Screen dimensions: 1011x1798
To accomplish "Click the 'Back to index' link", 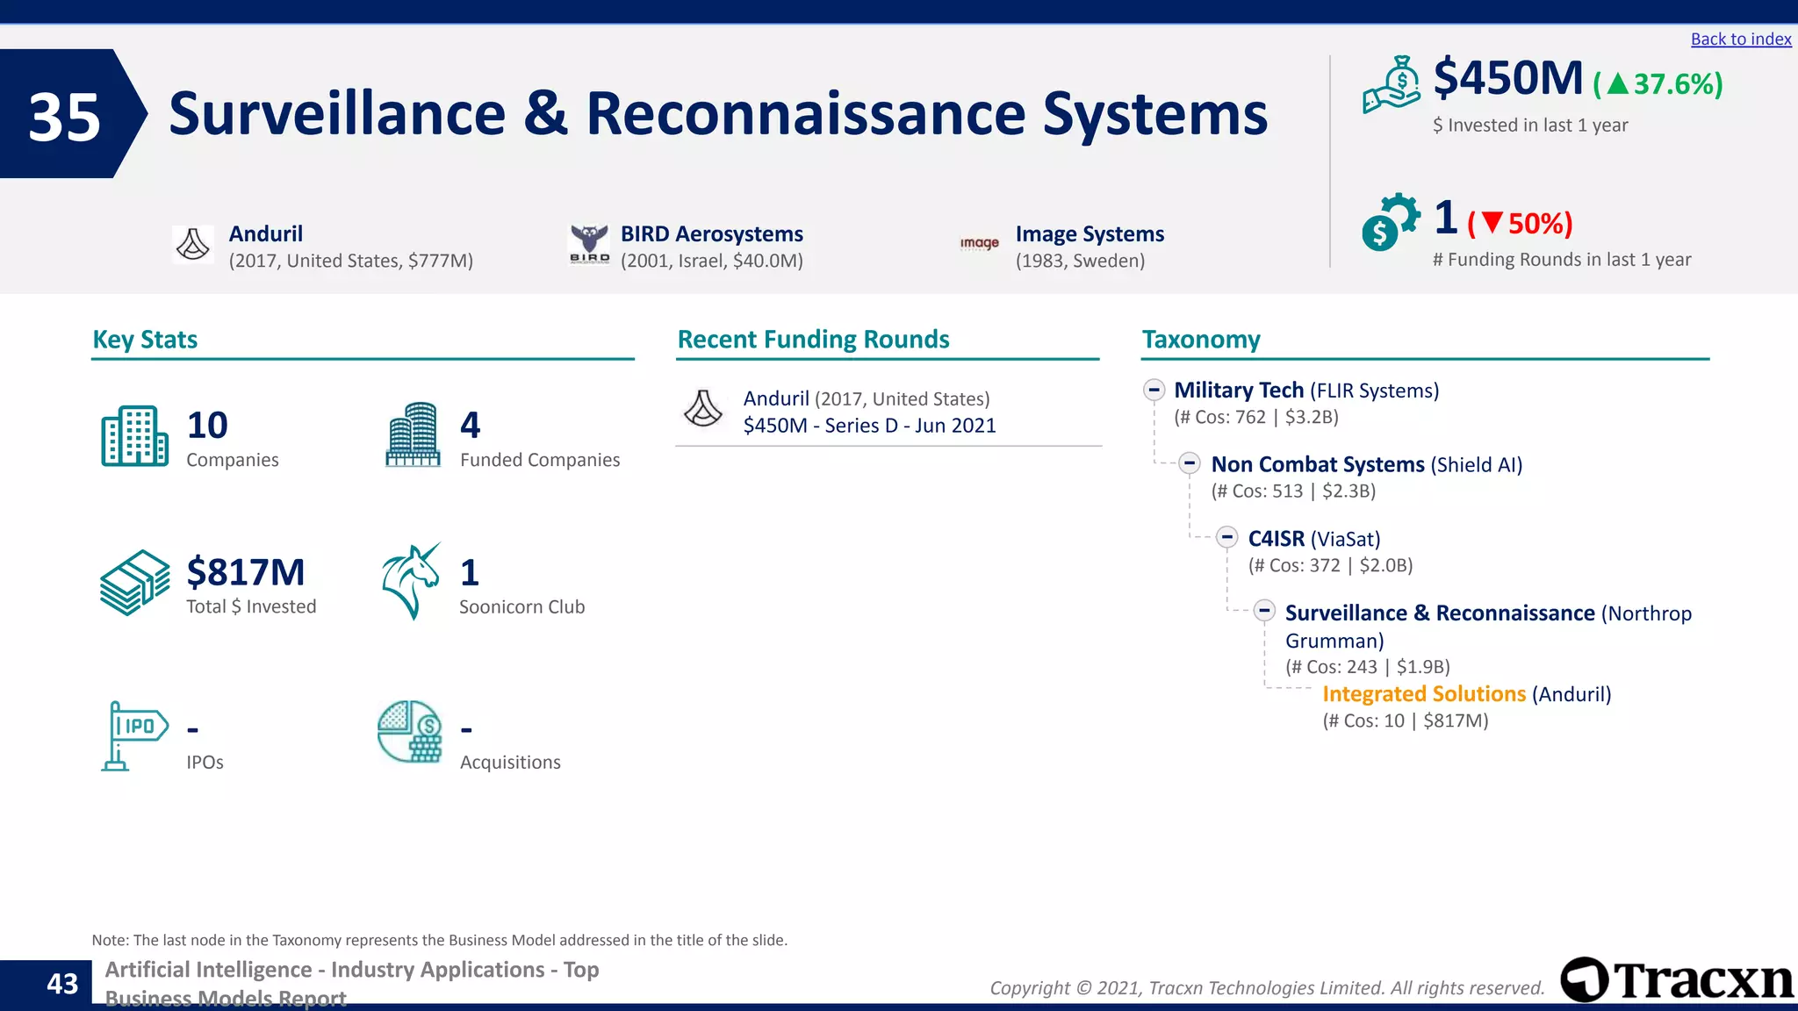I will pos(1740,39).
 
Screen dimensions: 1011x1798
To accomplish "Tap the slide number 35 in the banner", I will pos(64,117).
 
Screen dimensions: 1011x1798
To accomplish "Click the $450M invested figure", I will pos(1507,79).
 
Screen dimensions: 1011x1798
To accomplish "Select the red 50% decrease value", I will pos(1538,224).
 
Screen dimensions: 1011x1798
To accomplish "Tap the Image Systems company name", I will pos(1090,234).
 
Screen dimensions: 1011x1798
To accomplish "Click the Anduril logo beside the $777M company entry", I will pos(193,244).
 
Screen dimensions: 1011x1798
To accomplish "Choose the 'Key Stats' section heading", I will pos(145,340).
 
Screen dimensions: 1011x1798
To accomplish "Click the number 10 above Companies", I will pos(207,426).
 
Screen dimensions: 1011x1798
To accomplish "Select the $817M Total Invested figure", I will pos(246,572).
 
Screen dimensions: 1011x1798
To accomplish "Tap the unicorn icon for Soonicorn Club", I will pos(411,581).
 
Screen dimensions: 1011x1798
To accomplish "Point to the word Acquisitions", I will pos(510,763).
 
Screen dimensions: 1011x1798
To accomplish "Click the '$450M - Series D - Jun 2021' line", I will pos(869,426).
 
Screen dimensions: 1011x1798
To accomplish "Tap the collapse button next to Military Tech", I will pos(1154,390).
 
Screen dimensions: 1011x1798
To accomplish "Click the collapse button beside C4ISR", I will pos(1227,538).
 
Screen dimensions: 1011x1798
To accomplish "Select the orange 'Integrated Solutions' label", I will pos(1423,694).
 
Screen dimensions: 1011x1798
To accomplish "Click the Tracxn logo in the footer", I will pos(1675,980).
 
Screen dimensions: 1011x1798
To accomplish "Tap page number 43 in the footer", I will pos(62,984).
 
